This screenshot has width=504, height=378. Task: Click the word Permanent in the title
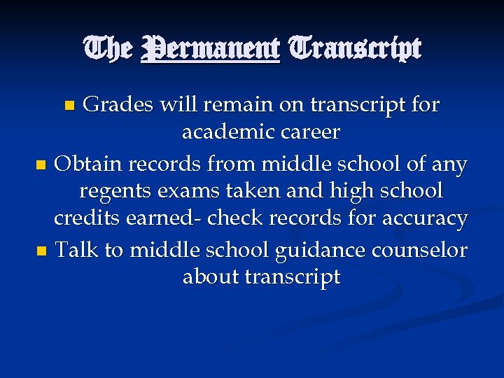[210, 49]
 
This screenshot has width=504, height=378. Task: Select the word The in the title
[107, 49]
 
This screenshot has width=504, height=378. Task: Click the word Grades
[117, 105]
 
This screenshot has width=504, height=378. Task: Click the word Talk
[76, 250]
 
